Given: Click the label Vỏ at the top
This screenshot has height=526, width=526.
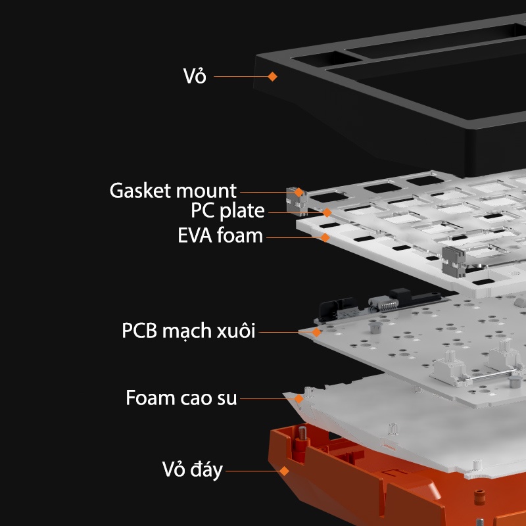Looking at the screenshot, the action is [195, 75].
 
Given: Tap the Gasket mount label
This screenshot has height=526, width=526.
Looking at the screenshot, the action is [173, 191].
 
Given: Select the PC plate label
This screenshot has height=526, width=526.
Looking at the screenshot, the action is [227, 210].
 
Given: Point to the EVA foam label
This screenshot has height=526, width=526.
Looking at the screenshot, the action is [220, 235].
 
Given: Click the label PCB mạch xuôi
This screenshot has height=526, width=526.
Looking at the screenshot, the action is [189, 331].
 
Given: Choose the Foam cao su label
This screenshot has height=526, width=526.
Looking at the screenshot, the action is [181, 398].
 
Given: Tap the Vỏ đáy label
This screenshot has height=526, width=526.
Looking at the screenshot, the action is [193, 469].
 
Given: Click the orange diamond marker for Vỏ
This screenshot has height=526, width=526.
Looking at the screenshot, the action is [272, 76].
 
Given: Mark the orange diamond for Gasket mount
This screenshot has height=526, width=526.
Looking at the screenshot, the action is [299, 192].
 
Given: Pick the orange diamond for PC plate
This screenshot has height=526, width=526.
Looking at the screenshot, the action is [327, 212].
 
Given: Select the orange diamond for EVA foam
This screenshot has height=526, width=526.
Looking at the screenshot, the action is [325, 237].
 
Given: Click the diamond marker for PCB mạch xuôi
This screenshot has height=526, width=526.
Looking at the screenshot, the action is [316, 332].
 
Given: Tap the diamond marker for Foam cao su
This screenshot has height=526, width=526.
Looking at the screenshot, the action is [299, 398].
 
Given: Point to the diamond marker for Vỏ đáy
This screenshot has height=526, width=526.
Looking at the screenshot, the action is [284, 471].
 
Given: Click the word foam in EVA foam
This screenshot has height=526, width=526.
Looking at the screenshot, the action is [239, 235].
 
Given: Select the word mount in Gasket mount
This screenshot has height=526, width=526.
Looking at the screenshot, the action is [206, 191].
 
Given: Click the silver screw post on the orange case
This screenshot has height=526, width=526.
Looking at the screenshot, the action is [302, 433].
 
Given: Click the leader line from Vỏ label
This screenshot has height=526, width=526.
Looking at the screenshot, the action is [241, 76].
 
